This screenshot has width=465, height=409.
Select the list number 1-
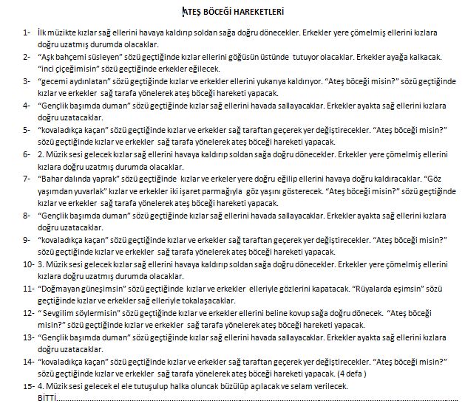tap(27, 34)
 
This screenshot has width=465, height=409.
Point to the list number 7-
tap(27, 178)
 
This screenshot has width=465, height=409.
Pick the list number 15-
tap(28, 385)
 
